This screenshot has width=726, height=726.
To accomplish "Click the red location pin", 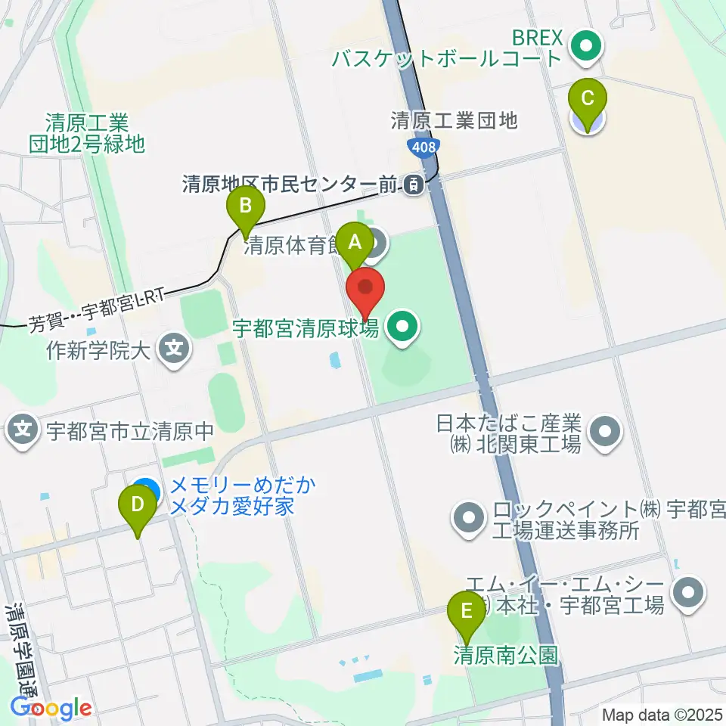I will (x=366, y=290).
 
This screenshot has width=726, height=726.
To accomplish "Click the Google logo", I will (x=51, y=709).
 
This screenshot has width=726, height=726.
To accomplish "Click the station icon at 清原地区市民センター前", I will (x=413, y=184).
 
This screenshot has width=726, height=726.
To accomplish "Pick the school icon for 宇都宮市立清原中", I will (x=23, y=432).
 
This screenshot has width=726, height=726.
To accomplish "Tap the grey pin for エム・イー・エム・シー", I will (x=688, y=594).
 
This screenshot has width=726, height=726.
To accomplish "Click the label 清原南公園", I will (x=506, y=655).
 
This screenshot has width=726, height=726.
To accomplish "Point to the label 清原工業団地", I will (x=455, y=119).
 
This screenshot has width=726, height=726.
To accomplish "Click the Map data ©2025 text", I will (x=662, y=714).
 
